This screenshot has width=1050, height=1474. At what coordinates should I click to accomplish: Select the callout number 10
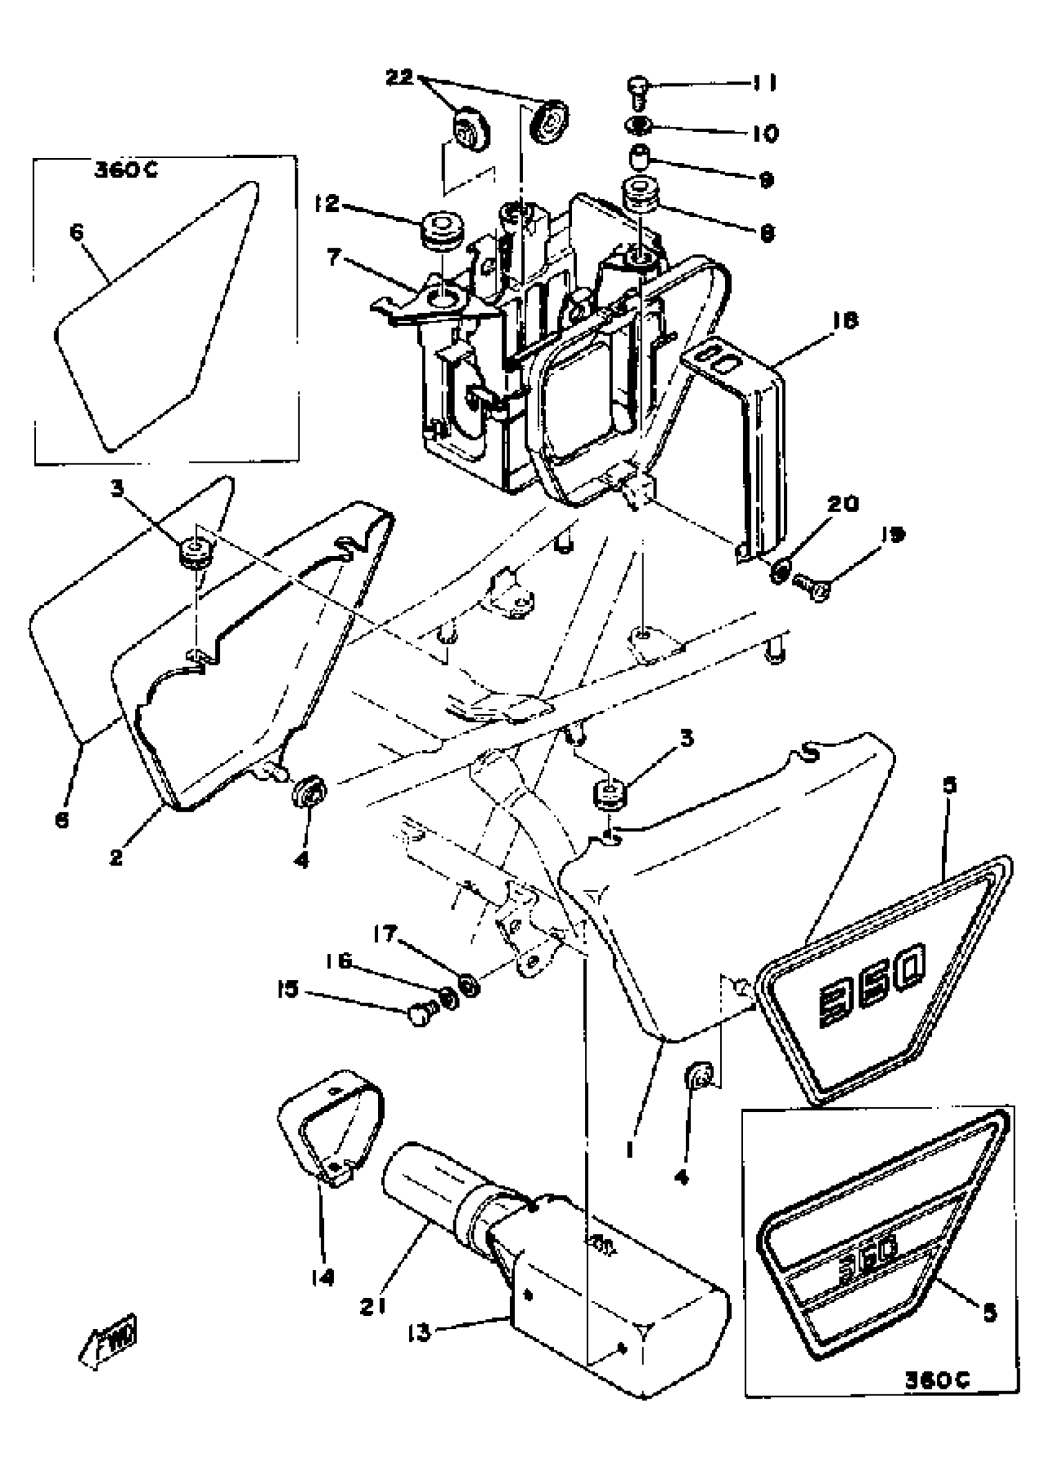pyautogui.click(x=765, y=134)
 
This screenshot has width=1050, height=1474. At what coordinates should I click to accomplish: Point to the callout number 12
pyautogui.click(x=327, y=204)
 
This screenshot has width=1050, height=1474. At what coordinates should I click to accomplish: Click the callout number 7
pyautogui.click(x=334, y=258)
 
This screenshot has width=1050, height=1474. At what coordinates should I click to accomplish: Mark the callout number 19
pyautogui.click(x=893, y=534)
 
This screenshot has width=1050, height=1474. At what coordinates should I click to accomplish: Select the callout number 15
pyautogui.click(x=288, y=988)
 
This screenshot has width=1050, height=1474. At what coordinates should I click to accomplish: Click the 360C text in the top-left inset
pyautogui.click(x=127, y=170)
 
